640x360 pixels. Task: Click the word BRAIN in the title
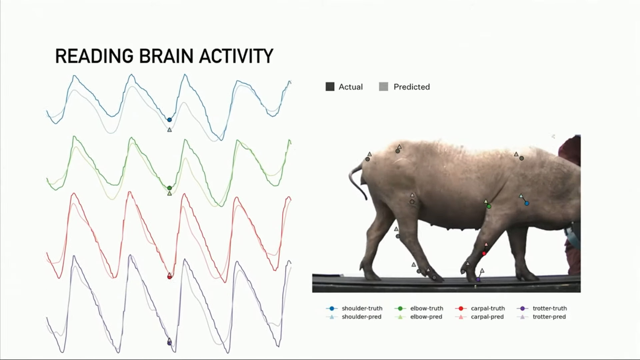coord(166,56)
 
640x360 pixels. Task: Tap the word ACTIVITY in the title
coord(236,56)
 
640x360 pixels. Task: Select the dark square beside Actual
coord(330,87)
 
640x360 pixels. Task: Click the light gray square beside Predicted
coord(384,87)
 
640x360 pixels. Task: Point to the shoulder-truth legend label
coord(362,308)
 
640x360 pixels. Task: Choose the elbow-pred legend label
coord(426,317)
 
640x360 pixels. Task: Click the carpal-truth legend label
coord(488,308)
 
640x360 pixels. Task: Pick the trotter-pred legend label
coord(549,317)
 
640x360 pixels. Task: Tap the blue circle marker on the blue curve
coord(169,120)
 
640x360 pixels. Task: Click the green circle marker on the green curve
coord(169,188)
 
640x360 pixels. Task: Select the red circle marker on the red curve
coord(169,277)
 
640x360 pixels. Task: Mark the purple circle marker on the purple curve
coord(169,343)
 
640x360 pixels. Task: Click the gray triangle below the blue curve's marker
coord(169,130)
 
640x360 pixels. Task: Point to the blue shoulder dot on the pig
coord(527,203)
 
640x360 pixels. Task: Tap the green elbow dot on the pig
coord(489,206)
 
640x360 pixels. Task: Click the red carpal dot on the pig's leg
coord(484,254)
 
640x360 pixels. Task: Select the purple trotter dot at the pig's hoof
coord(478,279)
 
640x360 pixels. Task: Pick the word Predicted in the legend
coord(412,87)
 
